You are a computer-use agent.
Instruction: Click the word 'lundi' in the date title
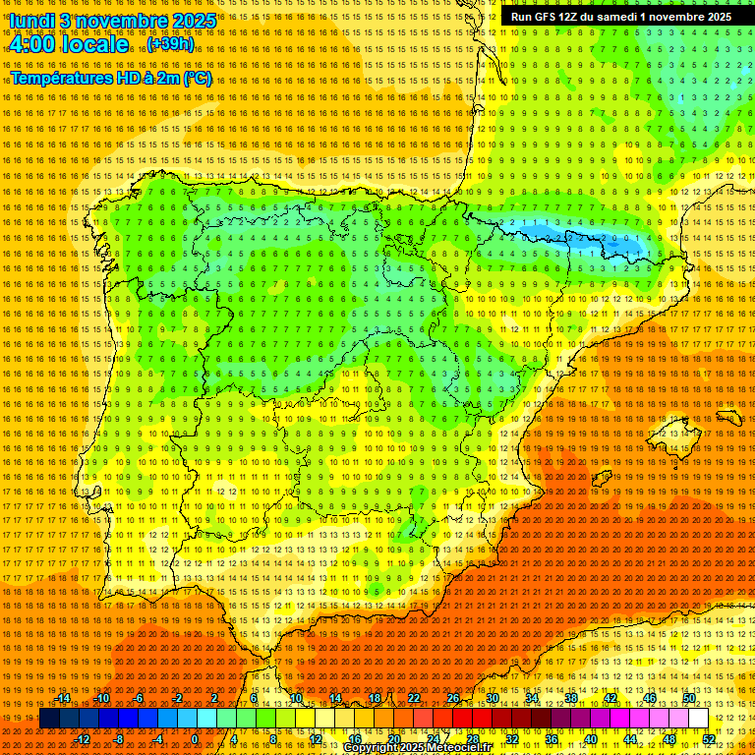point(31,21)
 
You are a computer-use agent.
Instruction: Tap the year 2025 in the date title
point(193,21)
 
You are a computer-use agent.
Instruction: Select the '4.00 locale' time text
point(68,45)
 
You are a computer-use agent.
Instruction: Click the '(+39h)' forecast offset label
point(171,45)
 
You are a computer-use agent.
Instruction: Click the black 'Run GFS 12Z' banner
point(620,17)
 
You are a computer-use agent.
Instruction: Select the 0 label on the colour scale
point(196,739)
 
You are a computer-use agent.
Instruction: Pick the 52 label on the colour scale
point(709,739)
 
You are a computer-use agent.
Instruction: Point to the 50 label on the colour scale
point(689,698)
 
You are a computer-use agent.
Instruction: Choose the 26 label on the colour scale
point(453,698)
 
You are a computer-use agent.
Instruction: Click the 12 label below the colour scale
point(316,739)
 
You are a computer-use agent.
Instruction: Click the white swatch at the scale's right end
point(698,719)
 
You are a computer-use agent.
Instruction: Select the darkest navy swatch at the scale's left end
point(49,719)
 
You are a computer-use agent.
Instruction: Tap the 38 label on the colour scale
point(571,698)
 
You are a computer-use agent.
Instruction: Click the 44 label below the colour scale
point(630,739)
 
